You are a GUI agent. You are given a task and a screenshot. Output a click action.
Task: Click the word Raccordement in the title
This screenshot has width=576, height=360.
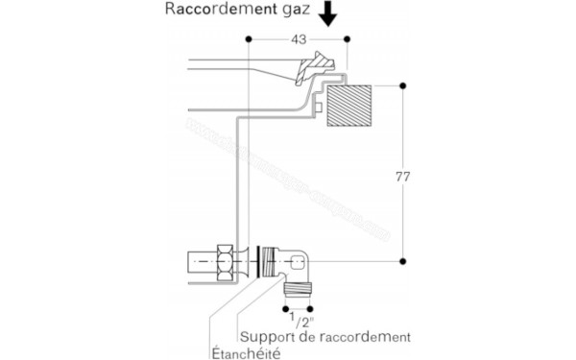click(x=214, y=12)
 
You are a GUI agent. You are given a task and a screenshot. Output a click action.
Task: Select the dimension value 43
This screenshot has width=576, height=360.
click(x=299, y=38)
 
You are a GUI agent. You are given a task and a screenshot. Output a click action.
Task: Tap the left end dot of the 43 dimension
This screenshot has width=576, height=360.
click(x=249, y=38)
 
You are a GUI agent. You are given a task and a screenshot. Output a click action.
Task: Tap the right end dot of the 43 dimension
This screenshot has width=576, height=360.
click(x=347, y=38)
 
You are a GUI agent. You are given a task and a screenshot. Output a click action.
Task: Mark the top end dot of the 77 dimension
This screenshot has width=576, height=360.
click(x=402, y=86)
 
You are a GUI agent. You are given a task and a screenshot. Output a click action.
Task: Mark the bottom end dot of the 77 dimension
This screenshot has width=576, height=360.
click(x=402, y=261)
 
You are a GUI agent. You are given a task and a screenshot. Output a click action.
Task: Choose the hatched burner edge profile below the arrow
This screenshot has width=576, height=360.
click(x=316, y=67)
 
